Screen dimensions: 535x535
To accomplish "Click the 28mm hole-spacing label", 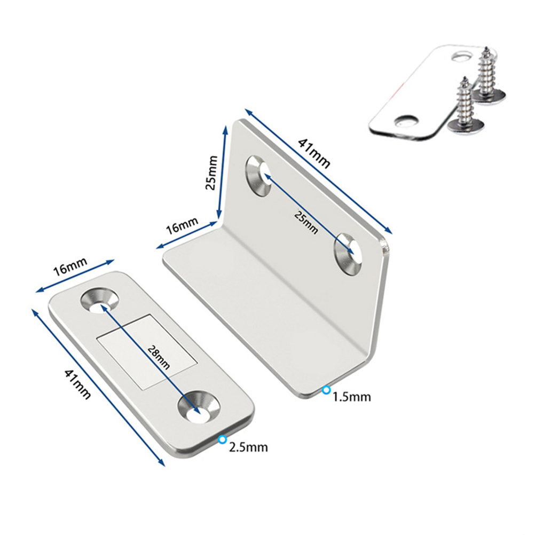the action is pos(159,357).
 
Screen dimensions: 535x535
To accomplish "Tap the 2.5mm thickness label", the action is pos(248,446).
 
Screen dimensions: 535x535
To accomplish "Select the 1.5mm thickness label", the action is pos(352,397).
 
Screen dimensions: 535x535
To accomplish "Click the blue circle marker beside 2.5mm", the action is pos(223,440).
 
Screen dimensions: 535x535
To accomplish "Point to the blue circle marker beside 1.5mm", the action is pos(327,390).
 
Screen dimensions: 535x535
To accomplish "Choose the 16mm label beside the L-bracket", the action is pos(182,225).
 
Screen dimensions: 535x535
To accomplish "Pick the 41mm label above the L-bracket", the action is pos(314,153).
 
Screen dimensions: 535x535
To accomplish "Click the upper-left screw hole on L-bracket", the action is pos(258,176).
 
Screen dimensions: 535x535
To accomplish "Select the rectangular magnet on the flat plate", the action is pos(147,351).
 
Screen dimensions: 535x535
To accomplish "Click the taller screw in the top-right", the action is pos(488,79).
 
